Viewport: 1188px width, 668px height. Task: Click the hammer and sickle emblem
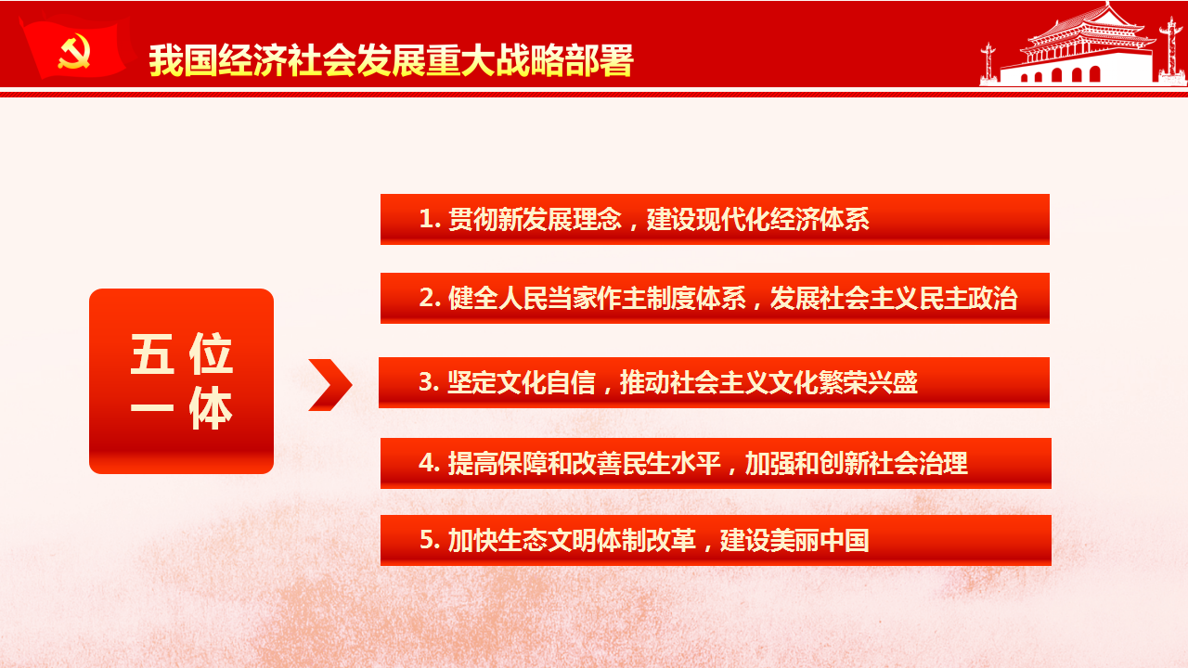73,51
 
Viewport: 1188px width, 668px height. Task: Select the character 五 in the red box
152,353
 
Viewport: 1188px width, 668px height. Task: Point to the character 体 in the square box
211,407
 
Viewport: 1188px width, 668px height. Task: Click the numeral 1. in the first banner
430,219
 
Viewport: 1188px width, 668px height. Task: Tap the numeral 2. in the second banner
430,298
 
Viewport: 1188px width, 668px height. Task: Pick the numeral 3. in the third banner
429,382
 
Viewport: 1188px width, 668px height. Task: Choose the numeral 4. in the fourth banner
430,463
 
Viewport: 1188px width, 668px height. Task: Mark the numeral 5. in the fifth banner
430,540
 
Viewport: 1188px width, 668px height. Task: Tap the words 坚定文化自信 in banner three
522,382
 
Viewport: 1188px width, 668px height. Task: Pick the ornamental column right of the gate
1170,49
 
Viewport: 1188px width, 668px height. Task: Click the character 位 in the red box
211,353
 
